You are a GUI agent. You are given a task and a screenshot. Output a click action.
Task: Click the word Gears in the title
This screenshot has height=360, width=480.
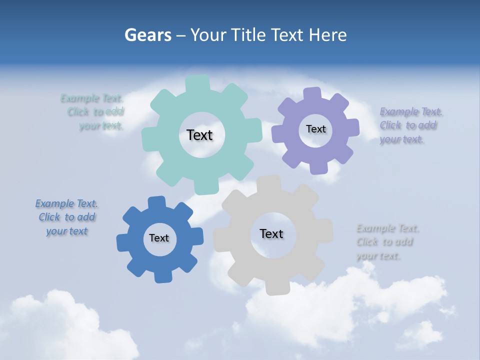click(x=147, y=35)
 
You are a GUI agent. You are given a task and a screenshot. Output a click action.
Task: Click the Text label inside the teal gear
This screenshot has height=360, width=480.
click(x=199, y=135)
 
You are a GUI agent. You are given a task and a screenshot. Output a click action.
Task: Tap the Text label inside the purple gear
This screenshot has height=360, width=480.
click(x=315, y=129)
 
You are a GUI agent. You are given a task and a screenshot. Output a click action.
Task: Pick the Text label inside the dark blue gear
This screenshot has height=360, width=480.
click(x=159, y=238)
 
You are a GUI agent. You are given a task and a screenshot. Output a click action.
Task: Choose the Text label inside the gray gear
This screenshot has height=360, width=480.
click(x=271, y=233)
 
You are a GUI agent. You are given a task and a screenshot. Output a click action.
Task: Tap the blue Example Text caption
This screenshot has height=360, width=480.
click(x=67, y=217)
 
